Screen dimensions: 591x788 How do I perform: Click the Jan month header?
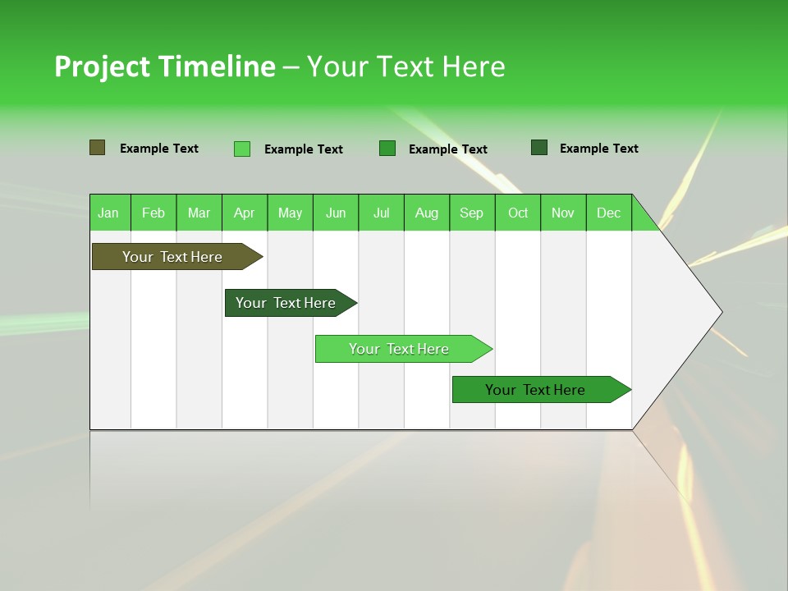[108, 213]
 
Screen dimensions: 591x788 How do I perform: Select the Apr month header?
[244, 213]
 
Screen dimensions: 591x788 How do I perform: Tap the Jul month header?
[381, 213]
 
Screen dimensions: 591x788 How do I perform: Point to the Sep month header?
[471, 213]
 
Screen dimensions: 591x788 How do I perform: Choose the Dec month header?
[608, 213]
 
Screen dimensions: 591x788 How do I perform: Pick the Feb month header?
[153, 213]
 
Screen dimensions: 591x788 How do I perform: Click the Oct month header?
[518, 213]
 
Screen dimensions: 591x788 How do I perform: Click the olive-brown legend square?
[97, 148]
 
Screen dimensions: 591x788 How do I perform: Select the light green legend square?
[242, 149]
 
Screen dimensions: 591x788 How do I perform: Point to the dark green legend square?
[539, 148]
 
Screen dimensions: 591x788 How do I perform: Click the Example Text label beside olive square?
[159, 149]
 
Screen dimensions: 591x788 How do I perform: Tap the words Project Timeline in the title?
[164, 66]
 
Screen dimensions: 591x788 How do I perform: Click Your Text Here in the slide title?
[405, 66]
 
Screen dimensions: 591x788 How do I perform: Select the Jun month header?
[336, 213]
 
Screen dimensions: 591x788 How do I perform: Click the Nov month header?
[563, 213]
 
